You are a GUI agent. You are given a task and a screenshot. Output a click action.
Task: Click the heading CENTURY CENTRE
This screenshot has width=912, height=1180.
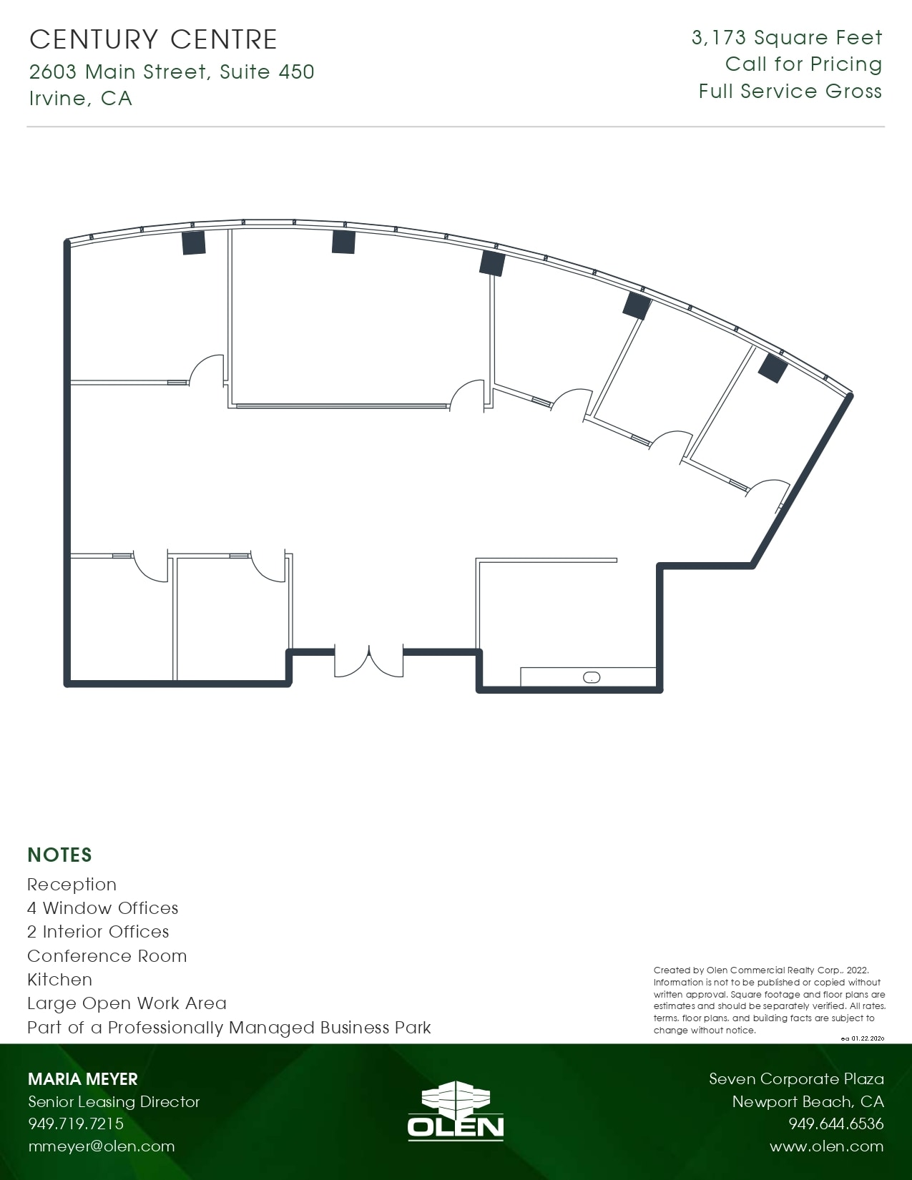point(153,39)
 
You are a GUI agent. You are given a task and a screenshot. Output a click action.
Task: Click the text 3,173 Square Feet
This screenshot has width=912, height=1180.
point(787,38)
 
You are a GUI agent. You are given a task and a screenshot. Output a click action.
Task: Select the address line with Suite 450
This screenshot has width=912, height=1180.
point(172,72)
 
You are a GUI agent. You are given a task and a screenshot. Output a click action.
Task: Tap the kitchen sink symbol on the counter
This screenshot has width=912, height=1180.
point(592,677)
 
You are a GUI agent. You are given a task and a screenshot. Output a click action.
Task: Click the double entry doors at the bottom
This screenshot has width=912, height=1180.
point(369,662)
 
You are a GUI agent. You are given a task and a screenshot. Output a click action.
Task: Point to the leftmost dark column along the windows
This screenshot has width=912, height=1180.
point(194,242)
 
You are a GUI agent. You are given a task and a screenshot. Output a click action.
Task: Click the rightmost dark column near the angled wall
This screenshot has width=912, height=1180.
point(773,368)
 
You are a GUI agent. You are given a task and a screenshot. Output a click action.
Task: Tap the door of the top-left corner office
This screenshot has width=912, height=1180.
point(206,369)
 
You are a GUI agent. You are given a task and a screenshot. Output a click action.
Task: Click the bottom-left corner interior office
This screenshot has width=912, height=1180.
point(120,619)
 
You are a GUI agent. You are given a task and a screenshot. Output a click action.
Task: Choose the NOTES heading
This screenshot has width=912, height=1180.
point(59,855)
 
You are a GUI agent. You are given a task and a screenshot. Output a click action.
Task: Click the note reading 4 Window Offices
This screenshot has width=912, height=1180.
point(102,908)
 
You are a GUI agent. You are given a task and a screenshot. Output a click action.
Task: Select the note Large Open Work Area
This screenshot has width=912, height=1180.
point(127,1003)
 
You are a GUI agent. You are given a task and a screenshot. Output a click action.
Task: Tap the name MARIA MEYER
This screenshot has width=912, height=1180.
point(82,1079)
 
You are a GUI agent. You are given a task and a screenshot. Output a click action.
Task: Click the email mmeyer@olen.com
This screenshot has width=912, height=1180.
point(101,1146)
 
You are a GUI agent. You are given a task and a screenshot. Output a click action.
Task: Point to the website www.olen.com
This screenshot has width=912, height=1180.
point(826,1146)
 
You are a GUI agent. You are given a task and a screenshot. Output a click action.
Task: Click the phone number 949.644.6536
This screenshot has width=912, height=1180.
point(835,1124)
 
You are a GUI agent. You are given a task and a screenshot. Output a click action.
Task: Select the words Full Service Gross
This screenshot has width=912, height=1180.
point(790,92)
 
